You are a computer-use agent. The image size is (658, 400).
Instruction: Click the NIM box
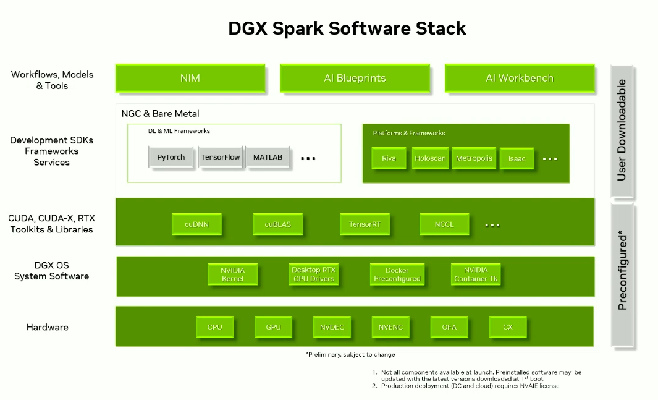190,79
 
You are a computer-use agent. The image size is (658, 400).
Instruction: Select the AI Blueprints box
355,79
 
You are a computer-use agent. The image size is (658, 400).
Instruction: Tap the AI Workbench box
519,79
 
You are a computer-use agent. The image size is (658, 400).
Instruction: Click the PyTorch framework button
171,157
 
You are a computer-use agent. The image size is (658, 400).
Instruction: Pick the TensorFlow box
220,157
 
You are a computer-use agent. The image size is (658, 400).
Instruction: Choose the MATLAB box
268,157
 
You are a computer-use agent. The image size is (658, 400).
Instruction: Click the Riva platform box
389,158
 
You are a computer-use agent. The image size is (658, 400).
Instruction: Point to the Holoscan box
430,158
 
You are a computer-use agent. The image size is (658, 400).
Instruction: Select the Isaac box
517,159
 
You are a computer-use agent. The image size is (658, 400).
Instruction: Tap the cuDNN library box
196,224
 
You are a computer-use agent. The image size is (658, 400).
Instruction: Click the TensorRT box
365,224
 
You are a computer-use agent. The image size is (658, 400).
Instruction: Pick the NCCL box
444,224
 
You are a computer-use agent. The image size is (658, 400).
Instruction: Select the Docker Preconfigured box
397,274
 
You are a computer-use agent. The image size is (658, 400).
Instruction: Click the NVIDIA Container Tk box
475,274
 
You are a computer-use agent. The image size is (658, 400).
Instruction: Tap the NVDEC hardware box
332,327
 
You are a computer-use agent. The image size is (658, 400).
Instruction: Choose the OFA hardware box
449,327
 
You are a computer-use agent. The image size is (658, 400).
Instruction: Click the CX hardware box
507,327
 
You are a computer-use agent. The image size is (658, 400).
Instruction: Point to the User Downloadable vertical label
622,130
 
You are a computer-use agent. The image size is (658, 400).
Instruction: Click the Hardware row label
47,327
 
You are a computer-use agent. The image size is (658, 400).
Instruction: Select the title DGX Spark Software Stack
347,28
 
